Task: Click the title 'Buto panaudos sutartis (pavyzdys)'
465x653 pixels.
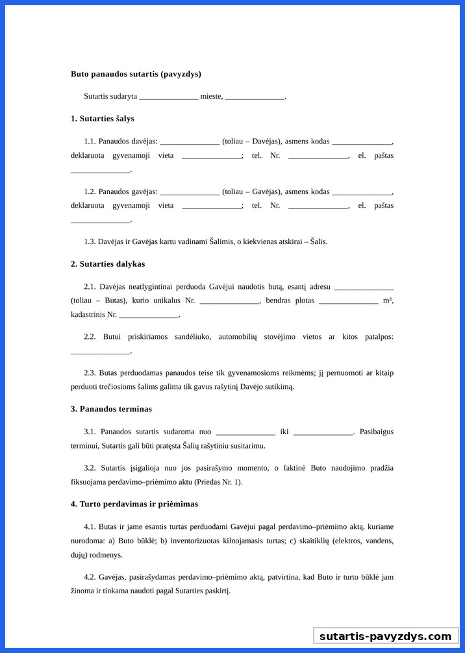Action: tap(136, 74)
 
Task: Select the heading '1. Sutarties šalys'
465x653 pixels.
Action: tap(103, 119)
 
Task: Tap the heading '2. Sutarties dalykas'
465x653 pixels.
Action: tap(108, 264)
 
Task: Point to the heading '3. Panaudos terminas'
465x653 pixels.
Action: tap(111, 409)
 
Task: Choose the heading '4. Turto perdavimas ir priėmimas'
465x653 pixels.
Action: tap(134, 504)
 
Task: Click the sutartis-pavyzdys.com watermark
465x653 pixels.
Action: tap(385, 636)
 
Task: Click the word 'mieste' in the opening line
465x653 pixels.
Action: tap(211, 96)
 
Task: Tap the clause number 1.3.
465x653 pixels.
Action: tap(90, 241)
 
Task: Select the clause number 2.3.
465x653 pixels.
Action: tap(90, 373)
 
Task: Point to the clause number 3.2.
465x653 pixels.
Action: tap(90, 468)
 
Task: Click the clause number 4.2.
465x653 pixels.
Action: tap(90, 576)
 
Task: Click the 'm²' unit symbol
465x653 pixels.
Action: tap(388, 301)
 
